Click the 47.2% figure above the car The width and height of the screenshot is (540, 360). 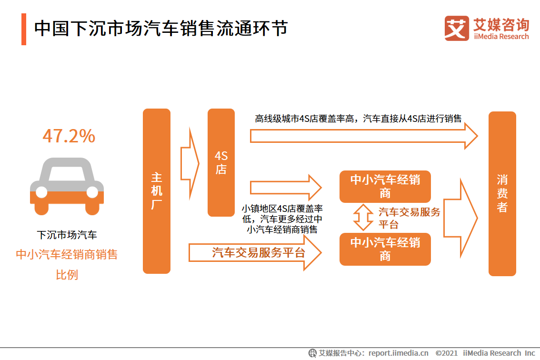pos(69,137)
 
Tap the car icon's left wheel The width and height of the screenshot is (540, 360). pos(41,192)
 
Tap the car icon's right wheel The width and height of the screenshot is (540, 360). pos(92,192)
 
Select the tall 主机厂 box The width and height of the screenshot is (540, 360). pos(157,191)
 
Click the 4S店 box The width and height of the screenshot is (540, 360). pos(221,162)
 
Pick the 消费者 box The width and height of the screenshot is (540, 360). pos(502,193)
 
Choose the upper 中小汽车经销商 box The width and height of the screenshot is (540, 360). pos(385,186)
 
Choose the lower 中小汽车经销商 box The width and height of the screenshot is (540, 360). pos(385,249)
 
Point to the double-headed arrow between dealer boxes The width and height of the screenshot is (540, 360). pos(363,218)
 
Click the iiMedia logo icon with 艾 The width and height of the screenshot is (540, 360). pos(457,28)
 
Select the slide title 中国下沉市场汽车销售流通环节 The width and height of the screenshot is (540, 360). pos(161,28)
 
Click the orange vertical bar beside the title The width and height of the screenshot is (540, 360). pos(24,29)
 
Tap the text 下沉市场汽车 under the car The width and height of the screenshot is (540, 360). pos(67,235)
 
